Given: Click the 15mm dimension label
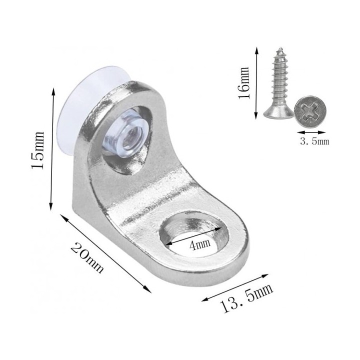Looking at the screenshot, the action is pos(37,150).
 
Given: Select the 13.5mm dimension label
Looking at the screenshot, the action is pos(246,298).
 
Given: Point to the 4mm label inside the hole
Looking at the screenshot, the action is pos(199,244).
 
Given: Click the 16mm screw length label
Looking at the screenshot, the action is pos(243,83).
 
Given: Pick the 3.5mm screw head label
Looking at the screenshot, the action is pos(314,141).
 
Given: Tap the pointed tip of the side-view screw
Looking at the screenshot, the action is pos(280,48).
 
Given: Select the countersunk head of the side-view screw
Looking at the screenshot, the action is pos(278,113).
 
